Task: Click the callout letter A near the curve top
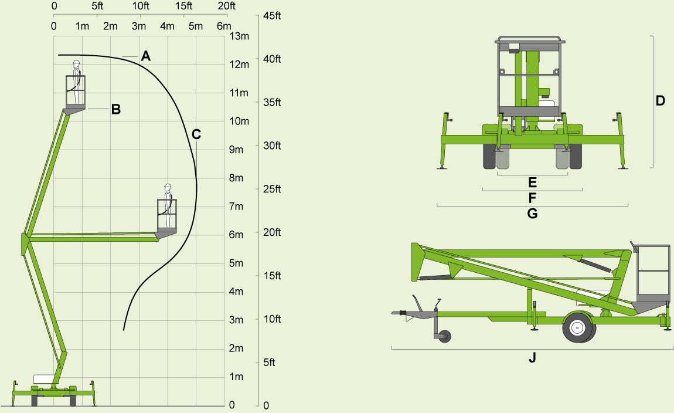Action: (x=146, y=56)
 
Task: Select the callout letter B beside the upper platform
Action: (x=116, y=109)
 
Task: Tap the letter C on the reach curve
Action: (x=196, y=134)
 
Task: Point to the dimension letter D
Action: (x=661, y=101)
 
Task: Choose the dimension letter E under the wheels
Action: (x=532, y=182)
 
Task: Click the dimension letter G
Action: (x=532, y=214)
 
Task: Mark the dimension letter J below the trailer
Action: (x=532, y=357)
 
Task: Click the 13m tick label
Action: (x=240, y=36)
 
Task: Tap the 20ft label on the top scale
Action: (x=226, y=6)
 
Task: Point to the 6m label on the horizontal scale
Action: (x=223, y=26)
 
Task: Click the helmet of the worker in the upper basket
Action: (x=76, y=63)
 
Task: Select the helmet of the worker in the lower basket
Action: (x=167, y=186)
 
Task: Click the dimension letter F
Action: (x=532, y=197)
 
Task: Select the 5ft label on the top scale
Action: (x=97, y=6)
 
